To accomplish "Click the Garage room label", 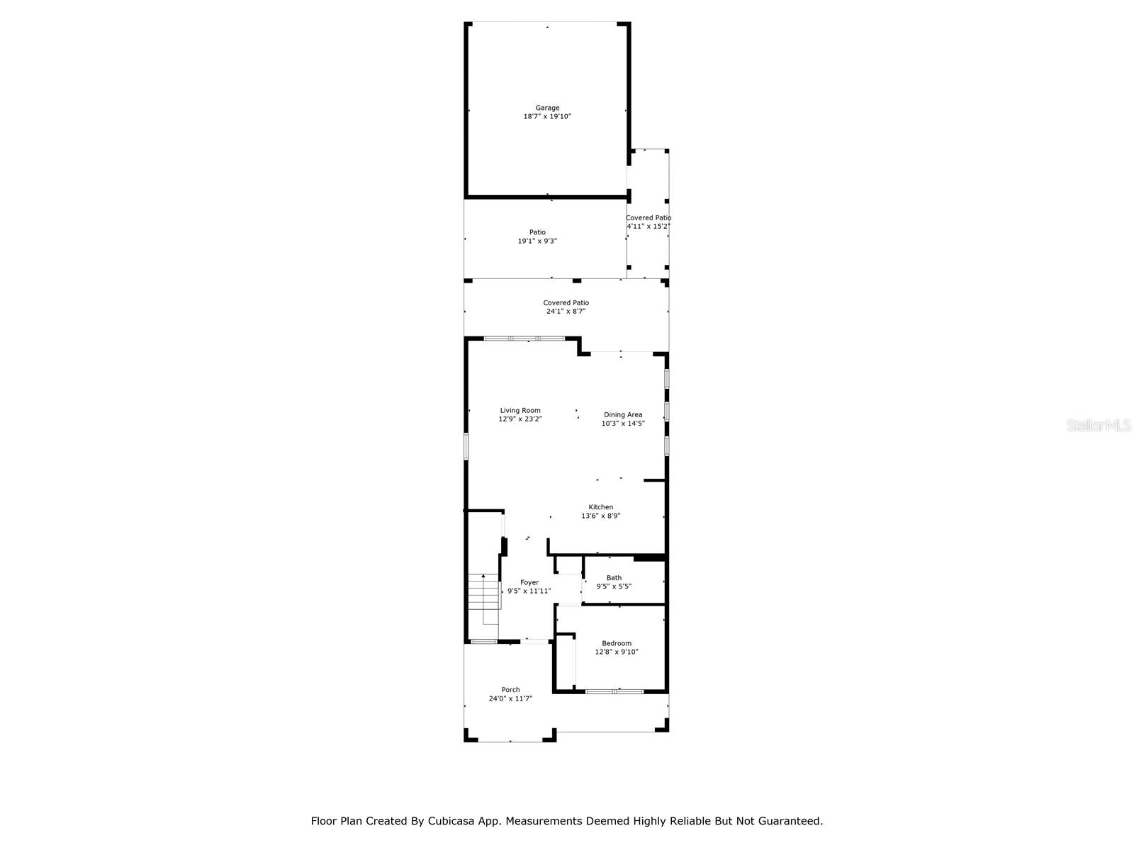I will tap(547, 108).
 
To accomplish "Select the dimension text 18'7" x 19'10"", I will tap(547, 116).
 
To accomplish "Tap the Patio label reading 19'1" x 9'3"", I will tap(537, 237).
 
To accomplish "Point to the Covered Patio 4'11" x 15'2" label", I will tap(648, 222).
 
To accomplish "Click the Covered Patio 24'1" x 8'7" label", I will tap(566, 307).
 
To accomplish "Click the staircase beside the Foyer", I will tap(483, 599).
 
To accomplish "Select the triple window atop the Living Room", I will tap(524, 339).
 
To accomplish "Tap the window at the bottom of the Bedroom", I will tap(614, 691).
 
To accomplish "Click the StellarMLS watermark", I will tap(1099, 425).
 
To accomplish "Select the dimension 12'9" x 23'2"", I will tap(520, 419).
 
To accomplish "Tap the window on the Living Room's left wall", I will tap(466, 446).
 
